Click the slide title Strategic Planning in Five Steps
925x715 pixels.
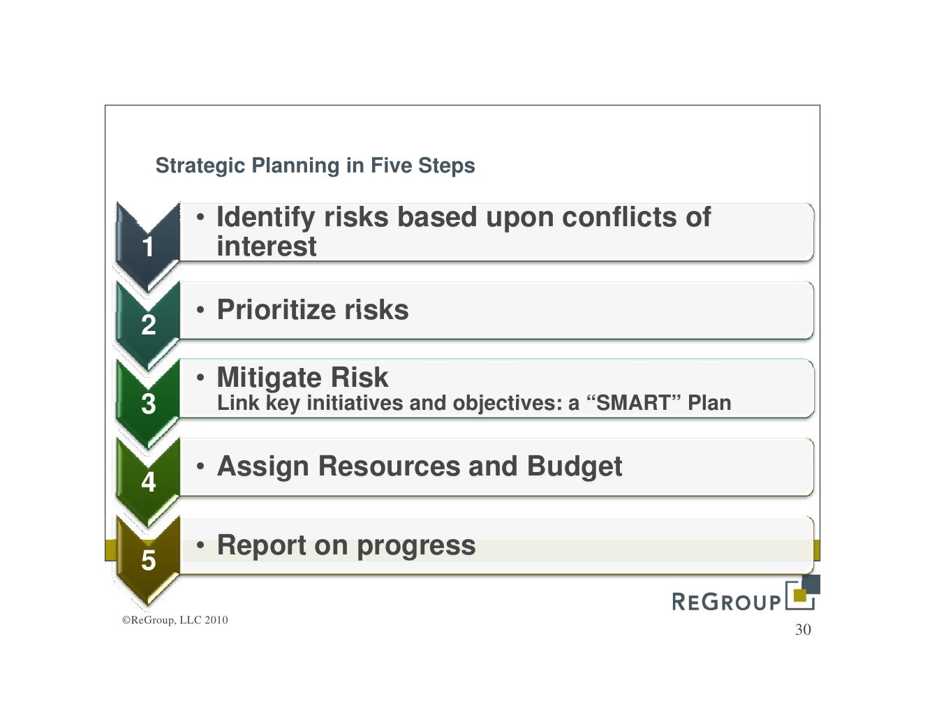(315, 165)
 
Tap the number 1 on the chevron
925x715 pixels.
(148, 246)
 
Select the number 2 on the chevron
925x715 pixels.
(148, 325)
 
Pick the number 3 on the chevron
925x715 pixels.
(148, 404)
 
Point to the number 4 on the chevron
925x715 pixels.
(148, 482)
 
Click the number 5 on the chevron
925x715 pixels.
(148, 560)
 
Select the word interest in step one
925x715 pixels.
(266, 246)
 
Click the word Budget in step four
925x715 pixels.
(574, 466)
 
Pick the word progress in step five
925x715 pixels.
(416, 545)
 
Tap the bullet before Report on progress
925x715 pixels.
(200, 545)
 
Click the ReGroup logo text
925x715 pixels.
(726, 601)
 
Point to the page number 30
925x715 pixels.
(803, 630)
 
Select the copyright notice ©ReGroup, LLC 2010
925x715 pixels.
(175, 620)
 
